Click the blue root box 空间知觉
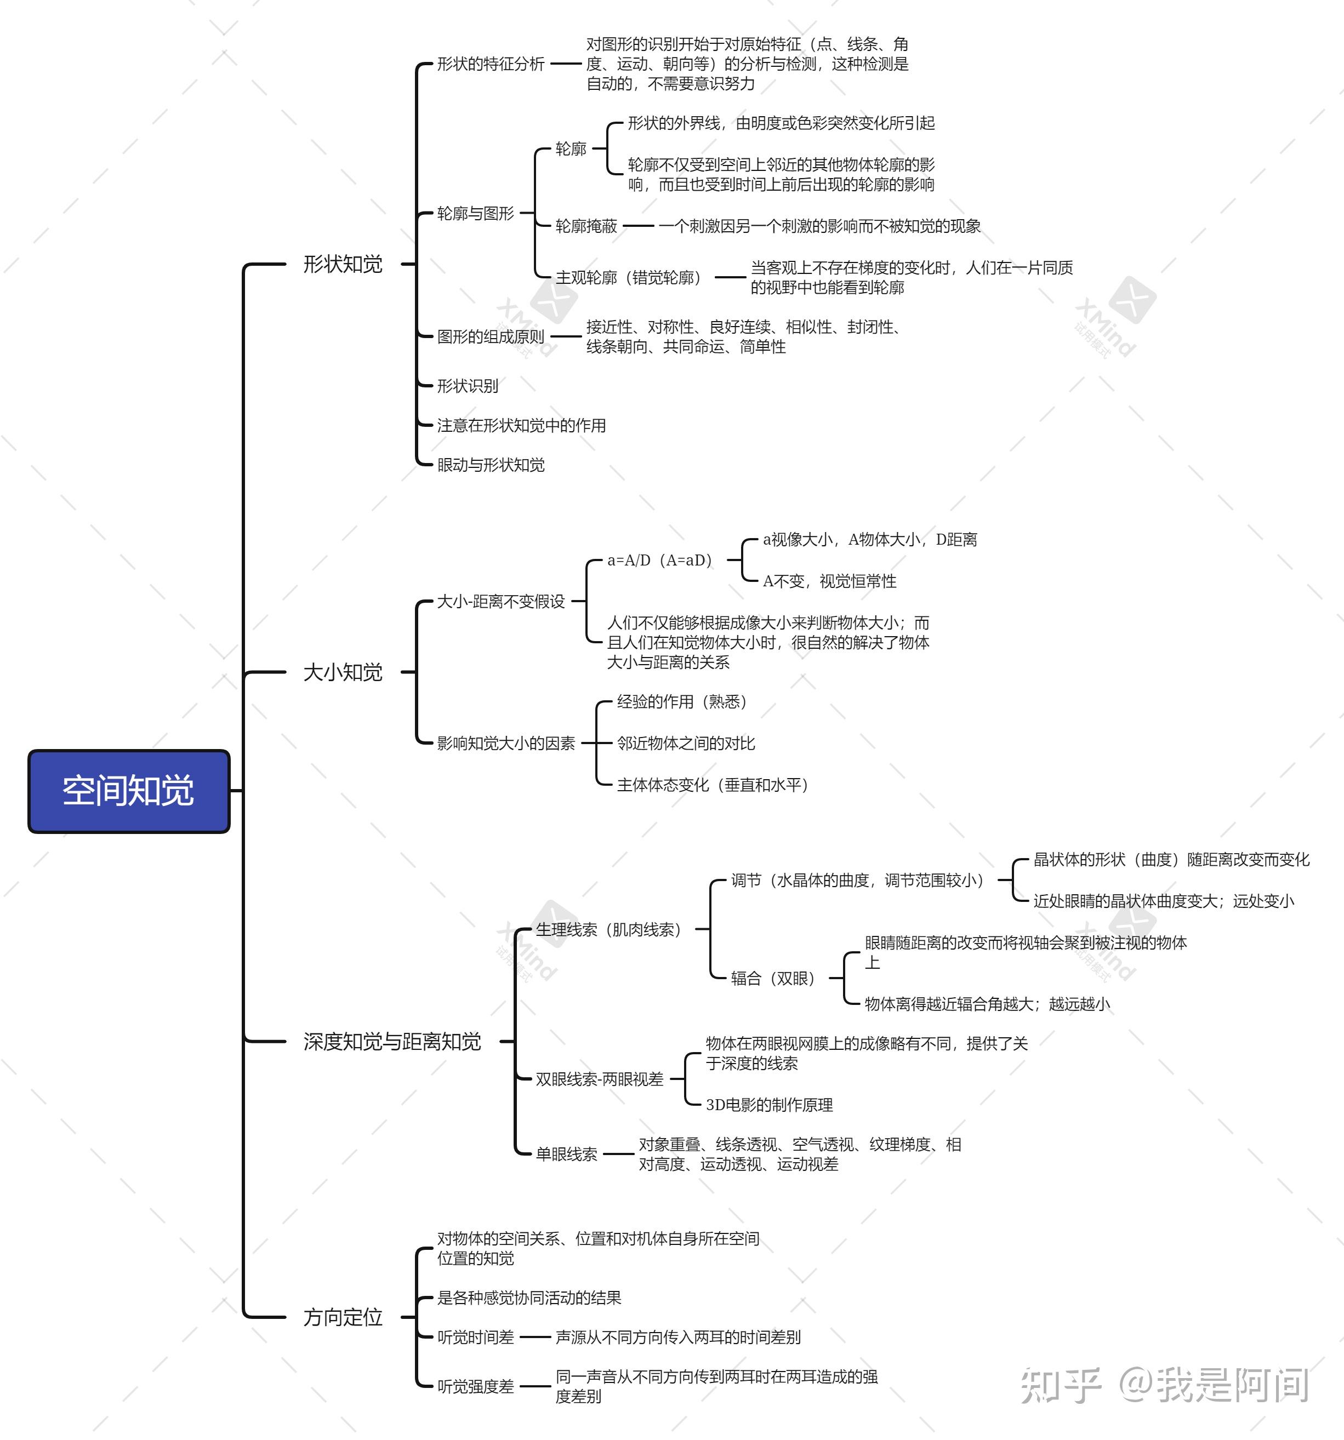pos(129,791)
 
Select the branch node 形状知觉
pos(343,265)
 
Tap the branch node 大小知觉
pos(343,672)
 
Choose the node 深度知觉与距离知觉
pos(392,1042)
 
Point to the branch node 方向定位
pos(343,1317)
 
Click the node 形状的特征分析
pos(491,64)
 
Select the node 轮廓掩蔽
pos(586,226)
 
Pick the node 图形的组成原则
pos(491,336)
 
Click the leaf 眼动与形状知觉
pos(491,464)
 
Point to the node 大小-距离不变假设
pos(500,601)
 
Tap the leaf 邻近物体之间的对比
pos(685,743)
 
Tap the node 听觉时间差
pos(475,1337)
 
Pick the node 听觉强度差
pos(475,1386)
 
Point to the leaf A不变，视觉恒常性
pos(829,581)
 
